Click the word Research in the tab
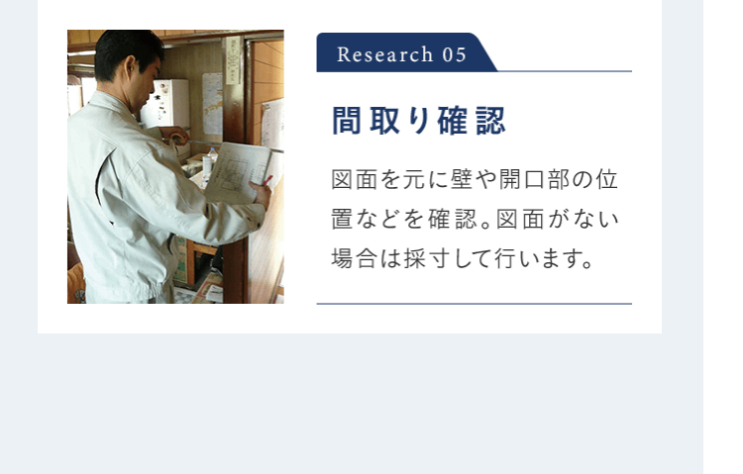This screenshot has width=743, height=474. pos(371,54)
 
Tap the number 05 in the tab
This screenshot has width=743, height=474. pos(454,54)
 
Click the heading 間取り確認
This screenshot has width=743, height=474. pos(418,121)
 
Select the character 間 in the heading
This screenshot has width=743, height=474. pos(346,121)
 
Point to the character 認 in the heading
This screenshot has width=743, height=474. pos(490,121)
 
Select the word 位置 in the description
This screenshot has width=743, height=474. pos(607,180)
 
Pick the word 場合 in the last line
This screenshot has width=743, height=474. pos(356,259)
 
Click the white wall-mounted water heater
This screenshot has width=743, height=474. pos(165,103)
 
